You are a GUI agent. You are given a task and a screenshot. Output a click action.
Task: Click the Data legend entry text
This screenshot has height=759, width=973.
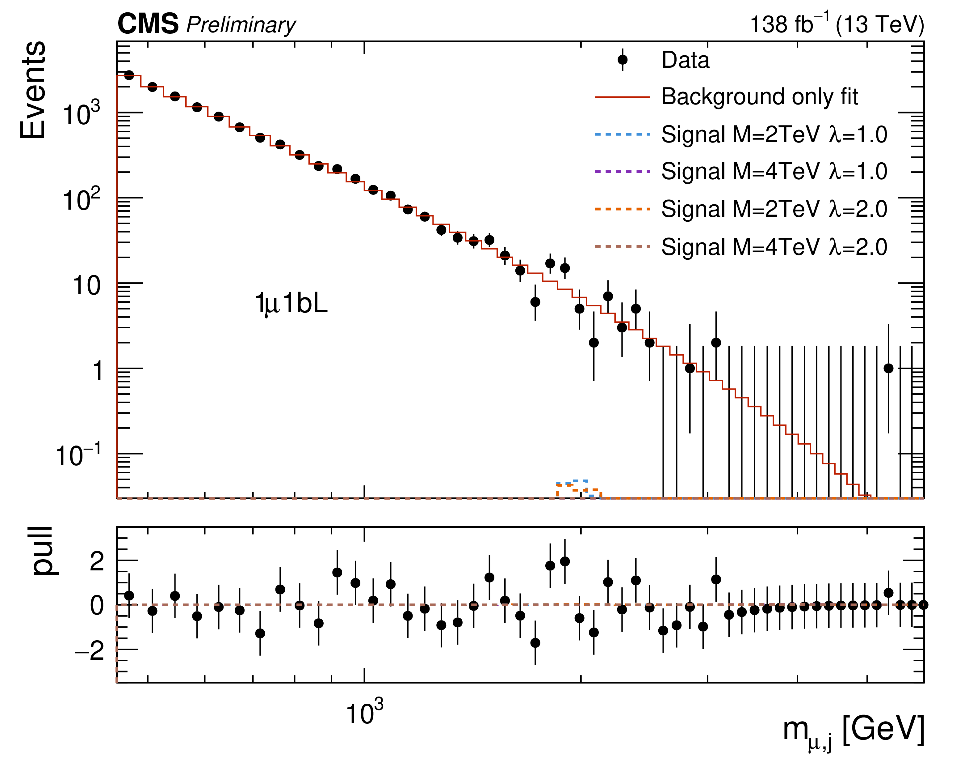[685, 60]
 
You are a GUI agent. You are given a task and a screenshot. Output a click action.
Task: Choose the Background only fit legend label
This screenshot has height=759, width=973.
[760, 97]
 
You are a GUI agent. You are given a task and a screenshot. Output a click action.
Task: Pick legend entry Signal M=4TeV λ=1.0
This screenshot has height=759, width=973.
[774, 171]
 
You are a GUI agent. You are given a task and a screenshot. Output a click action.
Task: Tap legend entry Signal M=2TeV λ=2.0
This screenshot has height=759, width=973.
[774, 209]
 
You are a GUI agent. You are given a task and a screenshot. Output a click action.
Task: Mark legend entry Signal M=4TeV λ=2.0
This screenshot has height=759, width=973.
[774, 247]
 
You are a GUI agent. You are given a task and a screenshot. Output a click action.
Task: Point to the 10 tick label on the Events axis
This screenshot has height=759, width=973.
[86, 286]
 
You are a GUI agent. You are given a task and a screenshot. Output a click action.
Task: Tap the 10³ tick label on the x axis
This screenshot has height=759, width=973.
[364, 713]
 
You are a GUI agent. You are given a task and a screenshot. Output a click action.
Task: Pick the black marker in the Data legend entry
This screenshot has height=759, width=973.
[623, 60]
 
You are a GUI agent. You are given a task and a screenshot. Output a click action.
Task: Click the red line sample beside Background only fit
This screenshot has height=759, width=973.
[623, 97]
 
